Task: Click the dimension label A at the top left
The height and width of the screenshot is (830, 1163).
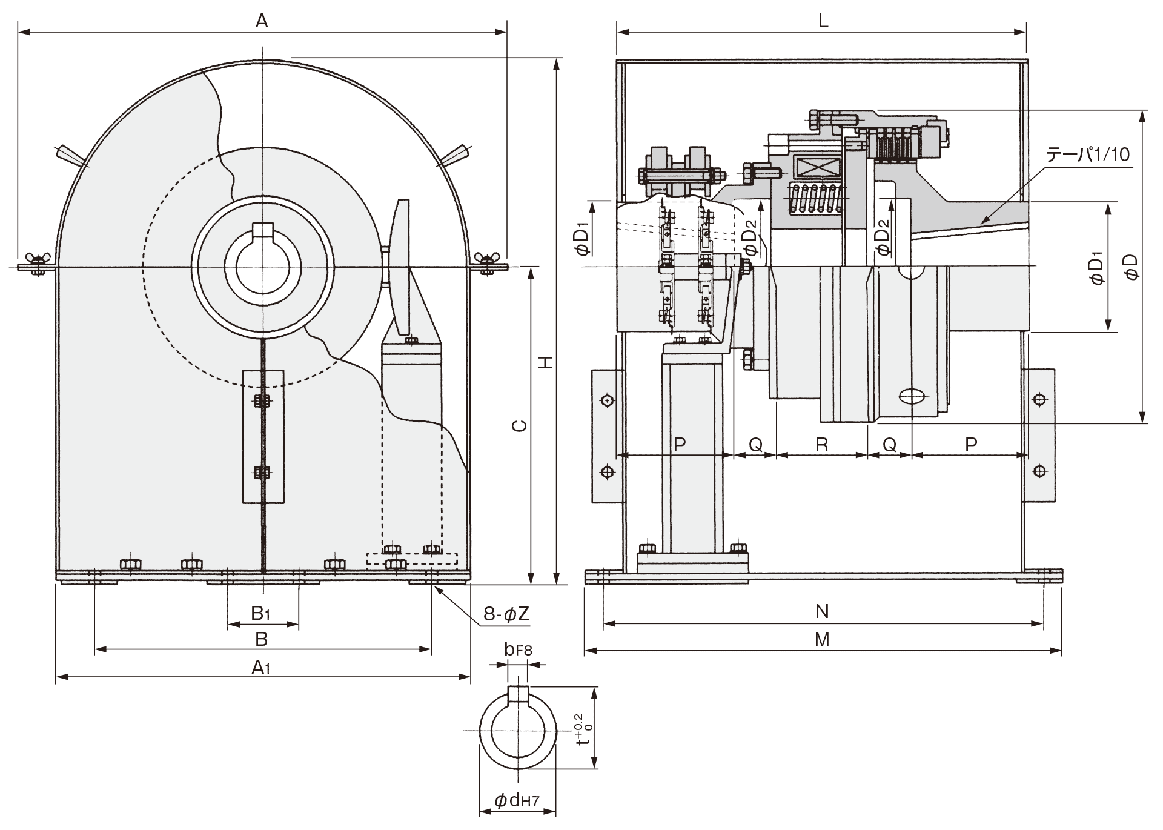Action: pyautogui.click(x=261, y=21)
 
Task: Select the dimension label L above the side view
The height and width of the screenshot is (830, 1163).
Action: pyautogui.click(x=823, y=21)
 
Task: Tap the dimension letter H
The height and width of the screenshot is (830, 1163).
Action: pyautogui.click(x=546, y=362)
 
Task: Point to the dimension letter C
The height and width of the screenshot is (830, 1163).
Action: pyautogui.click(x=519, y=426)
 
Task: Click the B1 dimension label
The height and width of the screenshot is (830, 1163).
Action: pyautogui.click(x=261, y=613)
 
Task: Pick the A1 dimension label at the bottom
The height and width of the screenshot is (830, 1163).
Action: pyautogui.click(x=261, y=667)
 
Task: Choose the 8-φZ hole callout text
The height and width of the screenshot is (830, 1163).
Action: pyautogui.click(x=506, y=614)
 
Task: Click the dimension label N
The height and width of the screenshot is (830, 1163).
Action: pyautogui.click(x=822, y=611)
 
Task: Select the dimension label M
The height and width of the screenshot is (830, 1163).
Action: pyautogui.click(x=822, y=640)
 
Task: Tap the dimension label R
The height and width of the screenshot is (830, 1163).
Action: pyautogui.click(x=822, y=445)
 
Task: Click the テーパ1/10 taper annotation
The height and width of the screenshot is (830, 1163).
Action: pyautogui.click(x=1088, y=154)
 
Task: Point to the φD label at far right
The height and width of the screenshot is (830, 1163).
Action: pyautogui.click(x=1130, y=267)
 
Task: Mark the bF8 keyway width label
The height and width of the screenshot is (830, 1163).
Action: pyautogui.click(x=518, y=650)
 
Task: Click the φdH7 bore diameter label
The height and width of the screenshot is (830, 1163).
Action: pyautogui.click(x=517, y=801)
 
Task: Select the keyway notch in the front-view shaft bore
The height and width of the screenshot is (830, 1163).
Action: pyautogui.click(x=262, y=231)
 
